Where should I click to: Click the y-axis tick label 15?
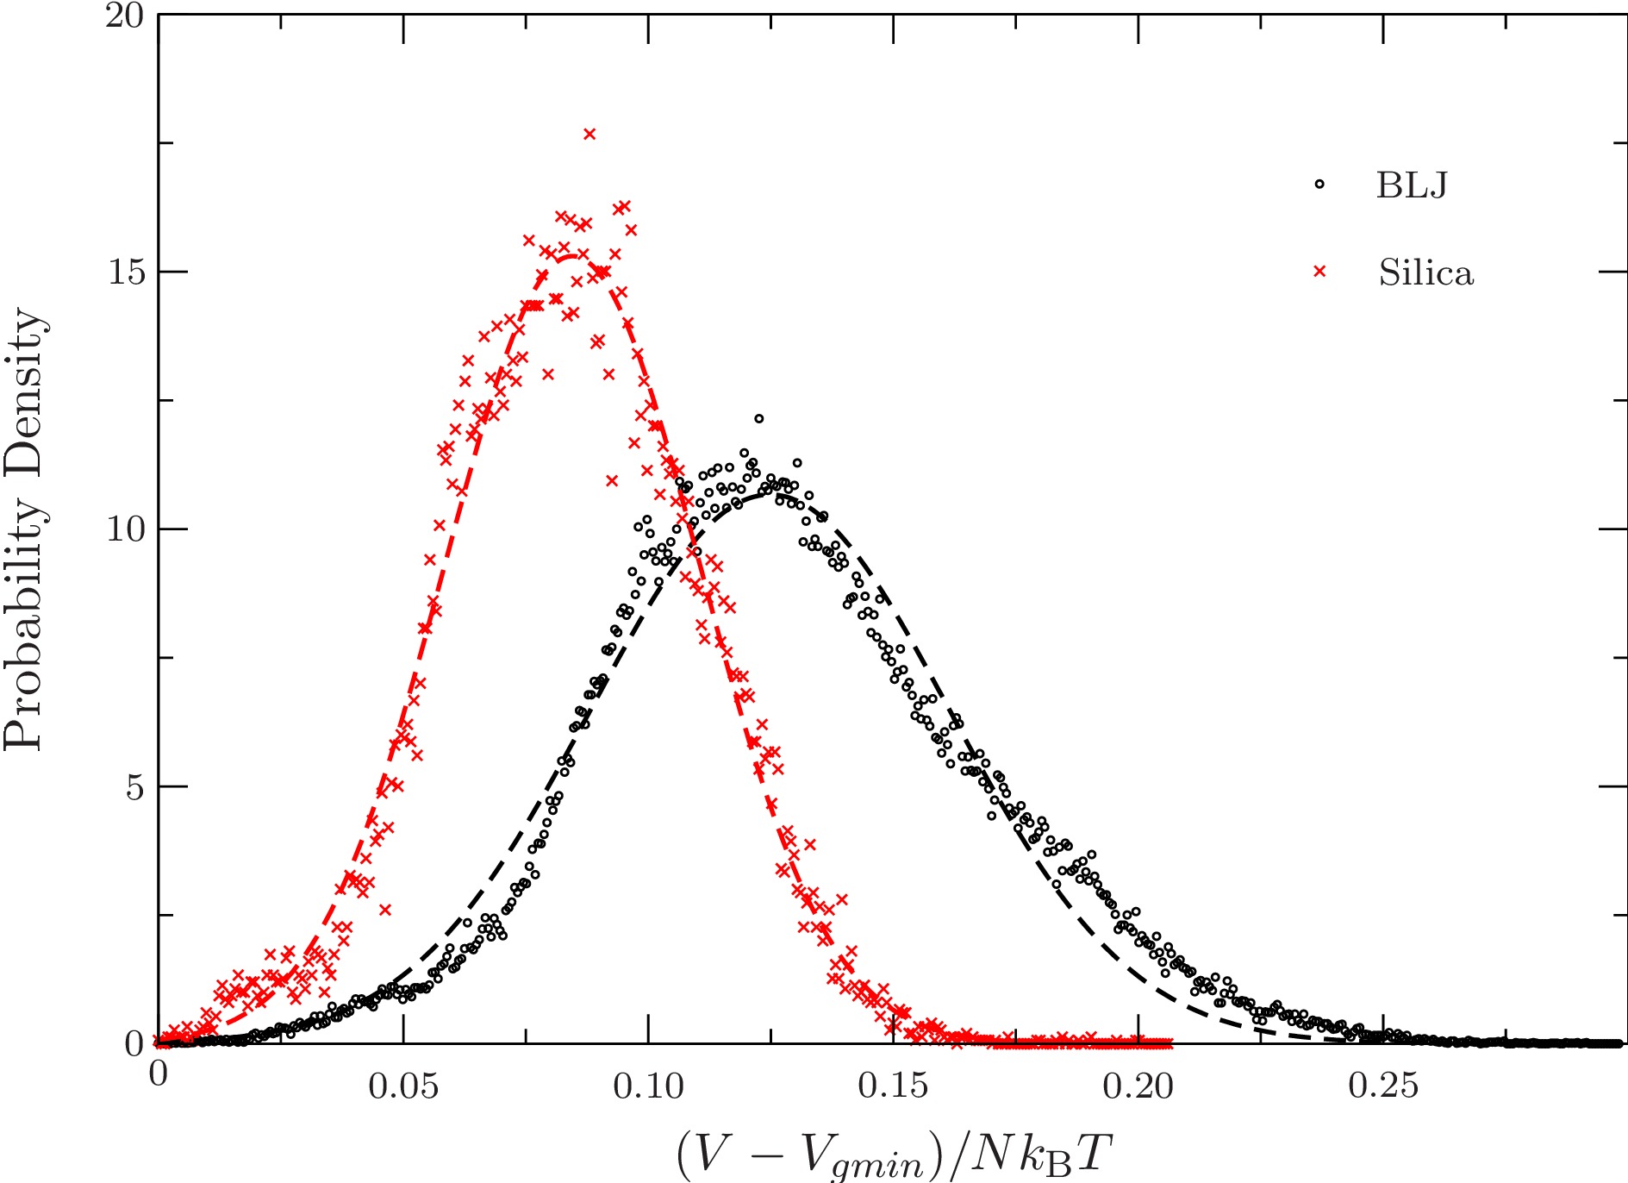124,272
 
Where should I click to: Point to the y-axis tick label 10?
124,529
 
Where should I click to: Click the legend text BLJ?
1412,185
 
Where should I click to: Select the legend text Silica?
1425,273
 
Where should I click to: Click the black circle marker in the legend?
1319,184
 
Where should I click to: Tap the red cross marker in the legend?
1319,272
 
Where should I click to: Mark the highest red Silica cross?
589,134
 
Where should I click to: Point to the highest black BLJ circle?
758,419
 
